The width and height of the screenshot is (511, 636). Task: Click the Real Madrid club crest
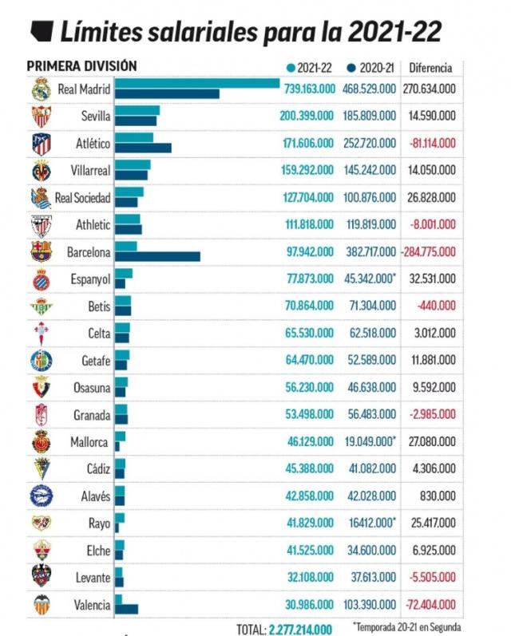pos(41,89)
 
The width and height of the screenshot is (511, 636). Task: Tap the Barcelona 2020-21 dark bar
pos(157,256)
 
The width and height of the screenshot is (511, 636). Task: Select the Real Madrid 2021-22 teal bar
pos(197,83)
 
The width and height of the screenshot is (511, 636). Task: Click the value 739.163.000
pos(309,89)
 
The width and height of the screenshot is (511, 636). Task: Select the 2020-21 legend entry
pos(371,67)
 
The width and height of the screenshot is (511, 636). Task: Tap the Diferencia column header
pos(430,67)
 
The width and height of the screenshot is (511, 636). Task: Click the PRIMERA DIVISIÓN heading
pos(81,65)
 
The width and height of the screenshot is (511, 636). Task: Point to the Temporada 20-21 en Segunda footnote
pos(406,627)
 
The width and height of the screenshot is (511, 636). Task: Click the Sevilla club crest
pos(41,116)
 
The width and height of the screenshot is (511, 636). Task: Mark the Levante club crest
pos(41,577)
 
